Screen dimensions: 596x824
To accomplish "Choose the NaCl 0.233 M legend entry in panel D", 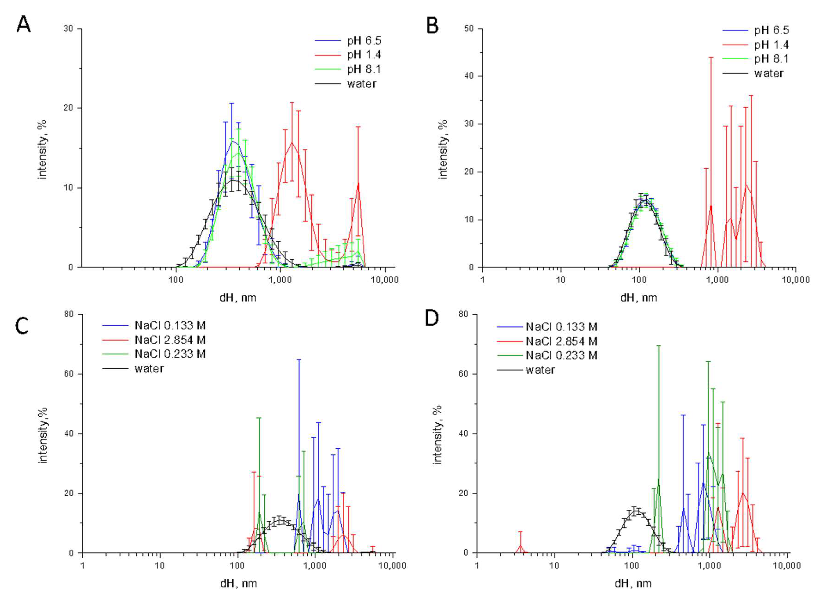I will [x=561, y=355].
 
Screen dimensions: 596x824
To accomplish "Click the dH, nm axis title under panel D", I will [x=633, y=584].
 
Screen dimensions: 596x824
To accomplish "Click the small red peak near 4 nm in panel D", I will [x=520, y=545].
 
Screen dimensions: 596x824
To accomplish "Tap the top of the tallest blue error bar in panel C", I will [x=299, y=360].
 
